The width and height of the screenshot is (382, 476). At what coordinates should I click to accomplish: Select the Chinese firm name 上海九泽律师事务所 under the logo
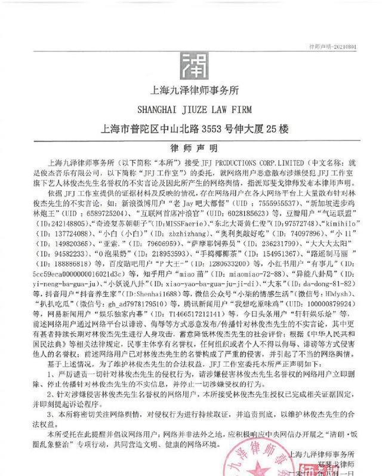(x=192, y=91)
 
